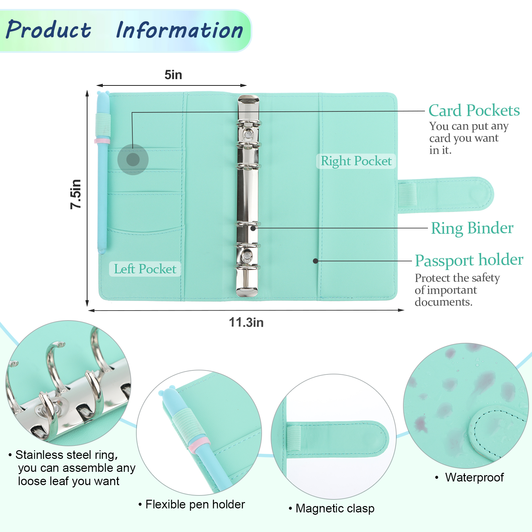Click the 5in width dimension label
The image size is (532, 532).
173,75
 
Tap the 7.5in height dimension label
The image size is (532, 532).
76,194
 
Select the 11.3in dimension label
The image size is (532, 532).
246,323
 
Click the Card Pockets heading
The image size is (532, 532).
474,110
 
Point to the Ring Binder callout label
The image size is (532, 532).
472,228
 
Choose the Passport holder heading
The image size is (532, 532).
469,260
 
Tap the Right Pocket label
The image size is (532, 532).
356,161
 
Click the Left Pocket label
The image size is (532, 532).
145,269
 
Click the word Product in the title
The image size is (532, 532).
49,30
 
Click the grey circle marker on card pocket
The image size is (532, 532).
133,160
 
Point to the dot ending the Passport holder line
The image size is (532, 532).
316,261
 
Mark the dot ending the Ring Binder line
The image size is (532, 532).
253,228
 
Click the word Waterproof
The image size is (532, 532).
474,477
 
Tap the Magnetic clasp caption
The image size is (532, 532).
335,508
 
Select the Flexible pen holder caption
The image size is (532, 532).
195,504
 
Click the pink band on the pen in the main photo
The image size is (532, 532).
102,141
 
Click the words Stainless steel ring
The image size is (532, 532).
66,455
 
